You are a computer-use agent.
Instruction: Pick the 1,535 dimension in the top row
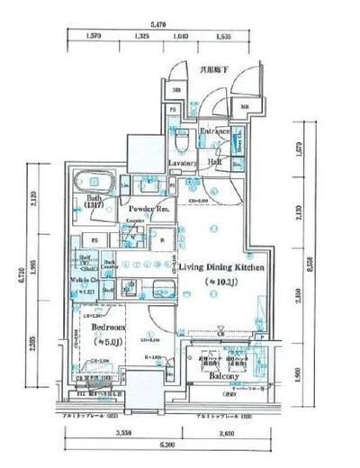coord(223,38)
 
